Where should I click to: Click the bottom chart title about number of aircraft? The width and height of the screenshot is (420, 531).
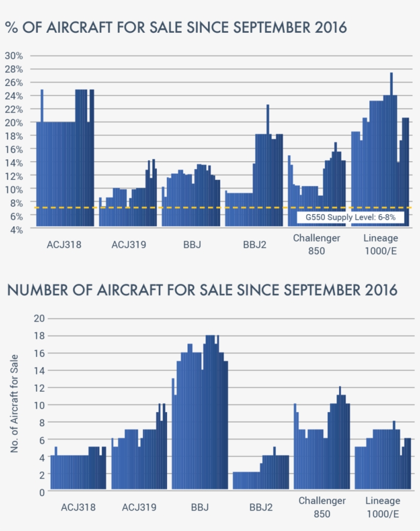tap(202, 290)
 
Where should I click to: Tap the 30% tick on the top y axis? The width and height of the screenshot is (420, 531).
tap(14, 56)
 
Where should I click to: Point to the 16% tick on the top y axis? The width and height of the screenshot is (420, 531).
tap(14, 149)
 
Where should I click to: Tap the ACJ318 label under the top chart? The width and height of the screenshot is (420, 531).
tap(64, 244)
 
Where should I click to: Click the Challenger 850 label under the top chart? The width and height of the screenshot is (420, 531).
tap(317, 244)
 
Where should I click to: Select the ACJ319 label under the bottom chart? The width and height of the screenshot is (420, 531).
tap(139, 507)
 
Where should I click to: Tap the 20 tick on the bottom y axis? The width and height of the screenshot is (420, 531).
tap(38, 318)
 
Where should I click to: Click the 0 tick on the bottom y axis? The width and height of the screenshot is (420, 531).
tap(41, 492)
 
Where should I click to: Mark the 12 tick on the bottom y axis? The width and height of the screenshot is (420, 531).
tap(38, 388)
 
